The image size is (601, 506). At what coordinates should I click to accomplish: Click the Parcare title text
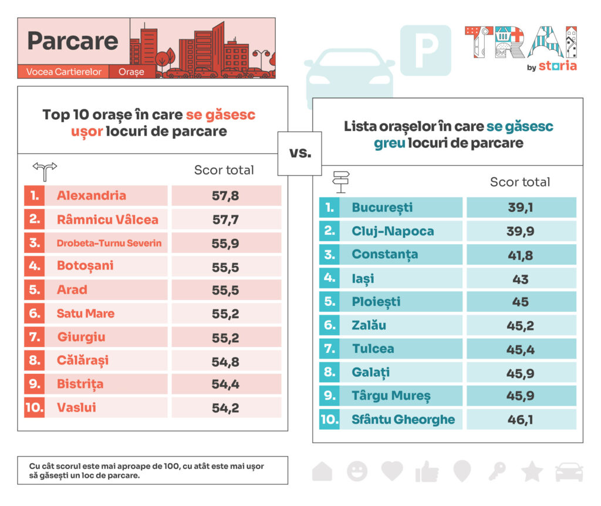(x=73, y=41)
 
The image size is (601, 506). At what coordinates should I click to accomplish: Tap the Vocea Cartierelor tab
(x=63, y=72)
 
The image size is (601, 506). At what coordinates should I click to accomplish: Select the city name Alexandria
(x=91, y=195)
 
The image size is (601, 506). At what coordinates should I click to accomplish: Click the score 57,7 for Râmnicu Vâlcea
(x=225, y=220)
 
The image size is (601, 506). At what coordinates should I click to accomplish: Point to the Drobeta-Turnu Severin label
(x=109, y=243)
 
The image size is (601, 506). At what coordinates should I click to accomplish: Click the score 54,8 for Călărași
(x=225, y=361)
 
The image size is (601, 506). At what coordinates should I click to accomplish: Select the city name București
(x=382, y=207)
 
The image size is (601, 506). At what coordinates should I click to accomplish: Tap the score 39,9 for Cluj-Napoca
(x=520, y=231)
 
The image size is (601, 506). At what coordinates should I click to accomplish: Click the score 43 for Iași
(x=520, y=279)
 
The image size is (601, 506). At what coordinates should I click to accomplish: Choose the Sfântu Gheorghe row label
(x=403, y=419)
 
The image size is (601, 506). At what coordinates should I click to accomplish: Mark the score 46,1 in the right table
(x=520, y=419)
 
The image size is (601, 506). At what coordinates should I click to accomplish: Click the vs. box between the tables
(x=299, y=154)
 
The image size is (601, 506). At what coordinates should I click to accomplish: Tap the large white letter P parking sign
(x=426, y=50)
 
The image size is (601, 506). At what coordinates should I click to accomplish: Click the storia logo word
(x=557, y=66)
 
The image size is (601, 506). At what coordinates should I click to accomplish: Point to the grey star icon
(x=532, y=471)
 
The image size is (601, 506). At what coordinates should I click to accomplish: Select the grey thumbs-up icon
(x=427, y=471)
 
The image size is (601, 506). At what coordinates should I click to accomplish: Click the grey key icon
(x=498, y=471)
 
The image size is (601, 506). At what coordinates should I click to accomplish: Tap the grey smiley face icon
(x=357, y=471)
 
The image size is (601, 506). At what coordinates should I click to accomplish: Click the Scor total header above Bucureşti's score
(x=520, y=182)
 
